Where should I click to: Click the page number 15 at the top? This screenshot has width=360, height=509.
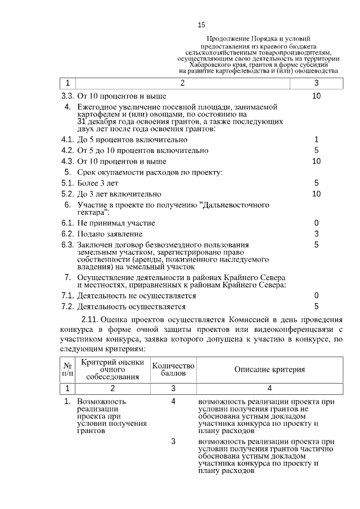(201, 25)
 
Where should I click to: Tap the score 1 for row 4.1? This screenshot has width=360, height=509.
(316, 139)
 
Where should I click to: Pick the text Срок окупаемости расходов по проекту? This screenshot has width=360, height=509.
(150, 172)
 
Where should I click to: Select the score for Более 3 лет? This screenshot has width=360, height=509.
(316, 183)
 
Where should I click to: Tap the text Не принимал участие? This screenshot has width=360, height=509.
(116, 223)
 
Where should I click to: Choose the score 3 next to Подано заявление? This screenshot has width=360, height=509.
(316, 234)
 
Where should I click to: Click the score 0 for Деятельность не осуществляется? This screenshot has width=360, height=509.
(316, 295)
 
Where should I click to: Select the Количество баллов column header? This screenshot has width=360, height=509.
(173, 369)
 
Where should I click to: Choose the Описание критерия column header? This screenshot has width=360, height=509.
(269, 369)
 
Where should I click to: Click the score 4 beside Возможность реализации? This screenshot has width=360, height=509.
(173, 402)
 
